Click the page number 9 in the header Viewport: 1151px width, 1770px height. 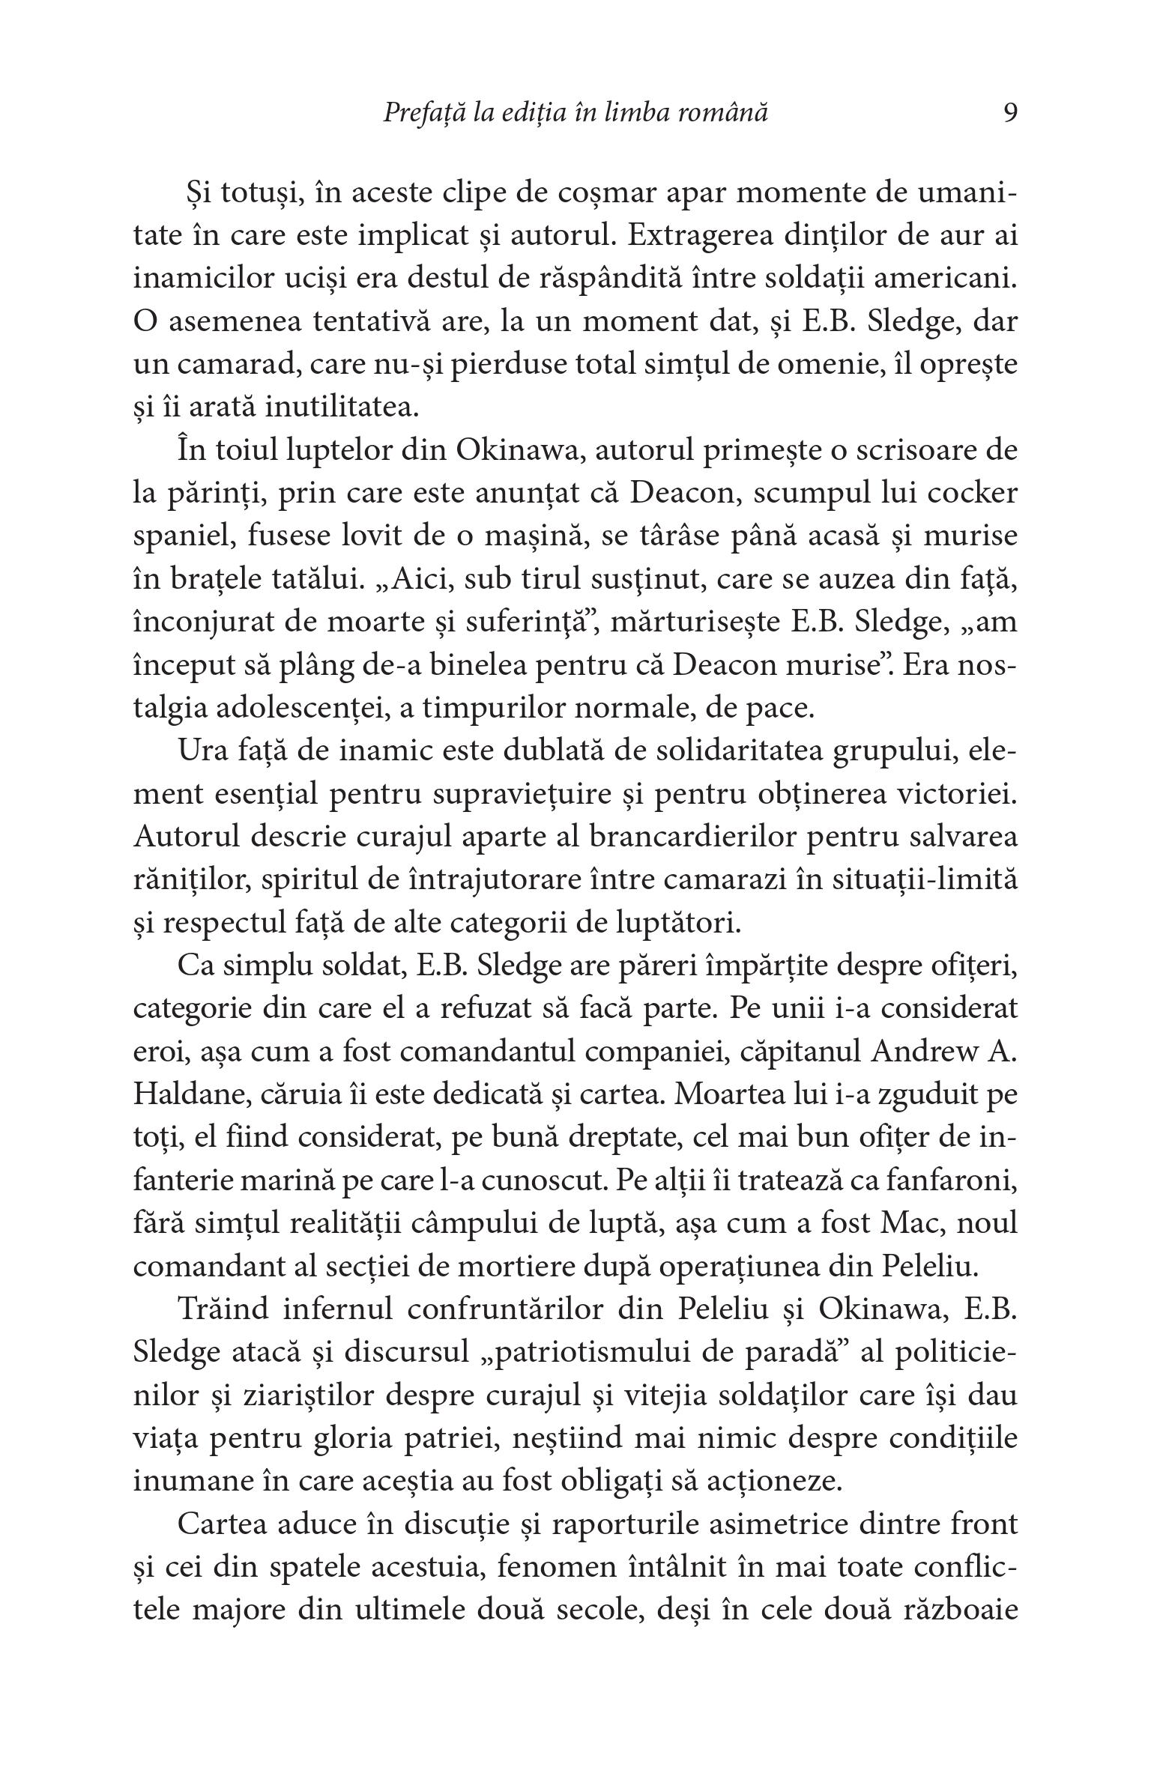(x=1009, y=113)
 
